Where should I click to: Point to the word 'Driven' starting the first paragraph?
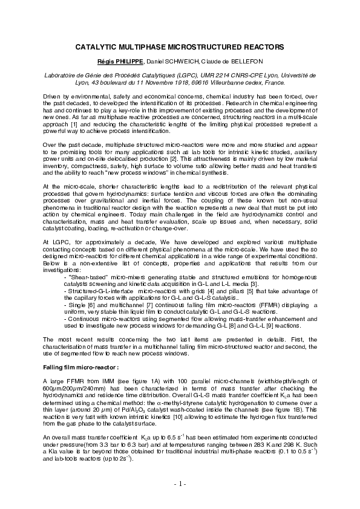(x=53, y=97)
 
